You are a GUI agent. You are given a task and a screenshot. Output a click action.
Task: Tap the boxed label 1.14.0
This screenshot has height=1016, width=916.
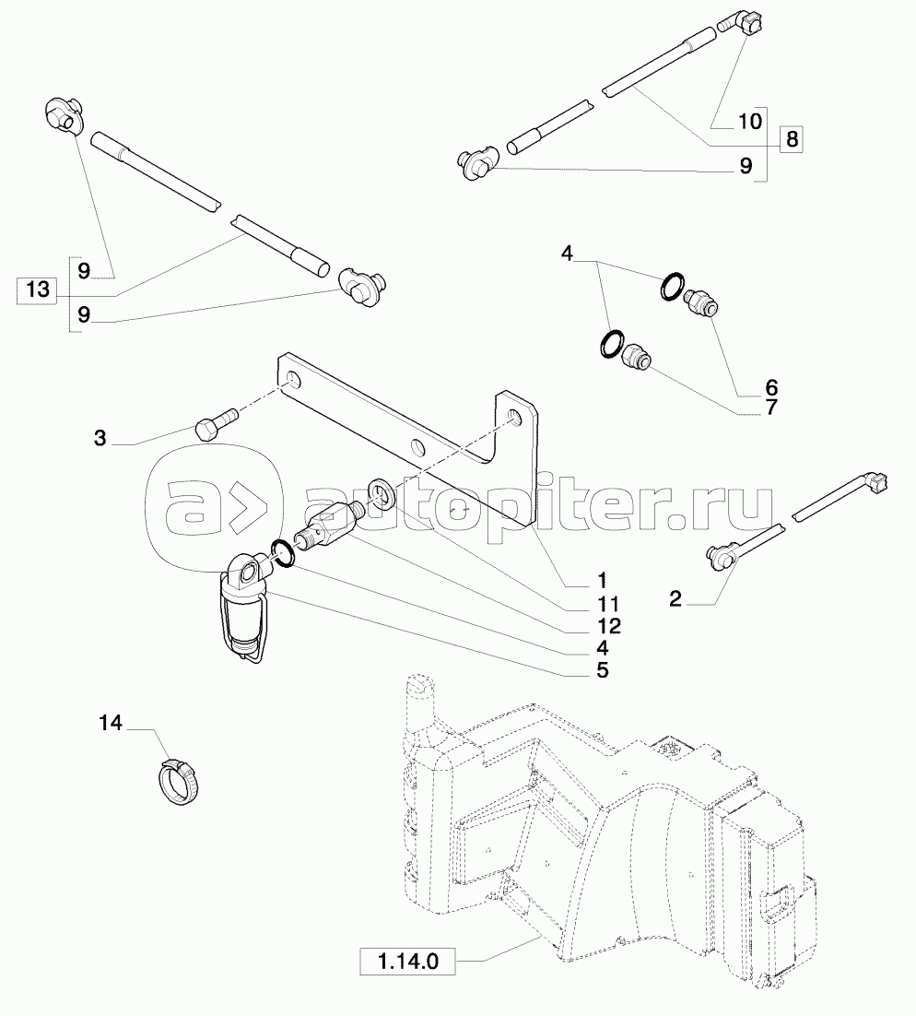coord(406,963)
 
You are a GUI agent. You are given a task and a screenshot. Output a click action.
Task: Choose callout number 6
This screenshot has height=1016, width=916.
coord(770,386)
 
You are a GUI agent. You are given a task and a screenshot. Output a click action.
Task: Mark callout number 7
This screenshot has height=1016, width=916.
coord(770,407)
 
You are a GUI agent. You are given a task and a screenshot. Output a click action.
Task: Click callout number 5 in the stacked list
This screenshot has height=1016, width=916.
coord(601,670)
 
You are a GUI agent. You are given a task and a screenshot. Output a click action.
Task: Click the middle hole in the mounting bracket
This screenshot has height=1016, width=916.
coord(418,448)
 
